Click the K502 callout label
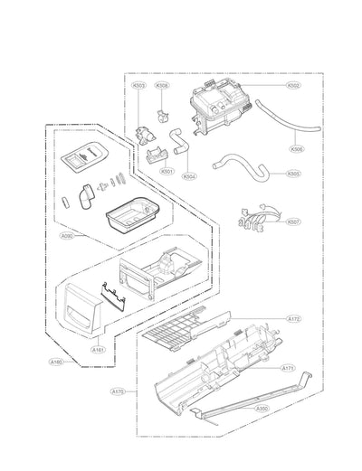(x=294, y=85)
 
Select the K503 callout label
(x=138, y=86)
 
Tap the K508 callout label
(x=162, y=86)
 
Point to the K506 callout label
(x=296, y=149)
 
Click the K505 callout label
(x=294, y=174)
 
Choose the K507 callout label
(x=294, y=221)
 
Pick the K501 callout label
(x=167, y=171)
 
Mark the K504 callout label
(x=187, y=175)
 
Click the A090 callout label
(x=67, y=237)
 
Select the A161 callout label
(x=97, y=347)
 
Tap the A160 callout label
(x=57, y=362)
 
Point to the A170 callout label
(x=118, y=391)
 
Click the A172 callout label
(x=293, y=319)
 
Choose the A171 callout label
(x=289, y=368)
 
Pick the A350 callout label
(x=262, y=407)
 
